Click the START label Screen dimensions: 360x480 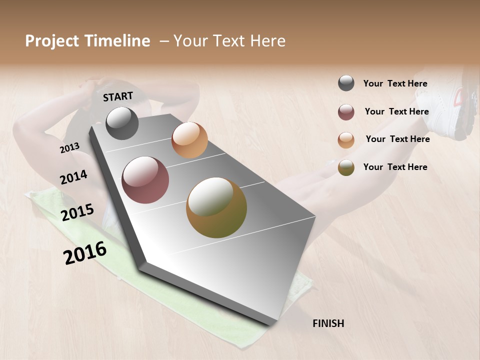(x=118, y=96)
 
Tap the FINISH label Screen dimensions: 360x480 (x=328, y=323)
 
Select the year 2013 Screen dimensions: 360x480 (x=69, y=148)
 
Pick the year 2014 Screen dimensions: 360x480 (x=73, y=177)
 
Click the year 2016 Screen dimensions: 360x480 (x=85, y=253)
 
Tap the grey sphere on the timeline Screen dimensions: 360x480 (x=122, y=123)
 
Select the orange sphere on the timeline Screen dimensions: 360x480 (x=189, y=140)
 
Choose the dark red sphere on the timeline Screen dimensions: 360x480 (x=145, y=180)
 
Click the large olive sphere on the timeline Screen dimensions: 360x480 (x=216, y=207)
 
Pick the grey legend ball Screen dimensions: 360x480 (x=346, y=83)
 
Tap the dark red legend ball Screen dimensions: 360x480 (x=346, y=112)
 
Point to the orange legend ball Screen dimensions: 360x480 (x=346, y=140)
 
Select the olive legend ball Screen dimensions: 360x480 (x=346, y=168)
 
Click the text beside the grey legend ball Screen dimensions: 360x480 (x=395, y=83)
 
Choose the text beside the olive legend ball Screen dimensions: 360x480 (x=395, y=167)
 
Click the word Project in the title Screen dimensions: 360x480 (x=52, y=41)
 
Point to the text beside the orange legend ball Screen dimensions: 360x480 (x=397, y=139)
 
